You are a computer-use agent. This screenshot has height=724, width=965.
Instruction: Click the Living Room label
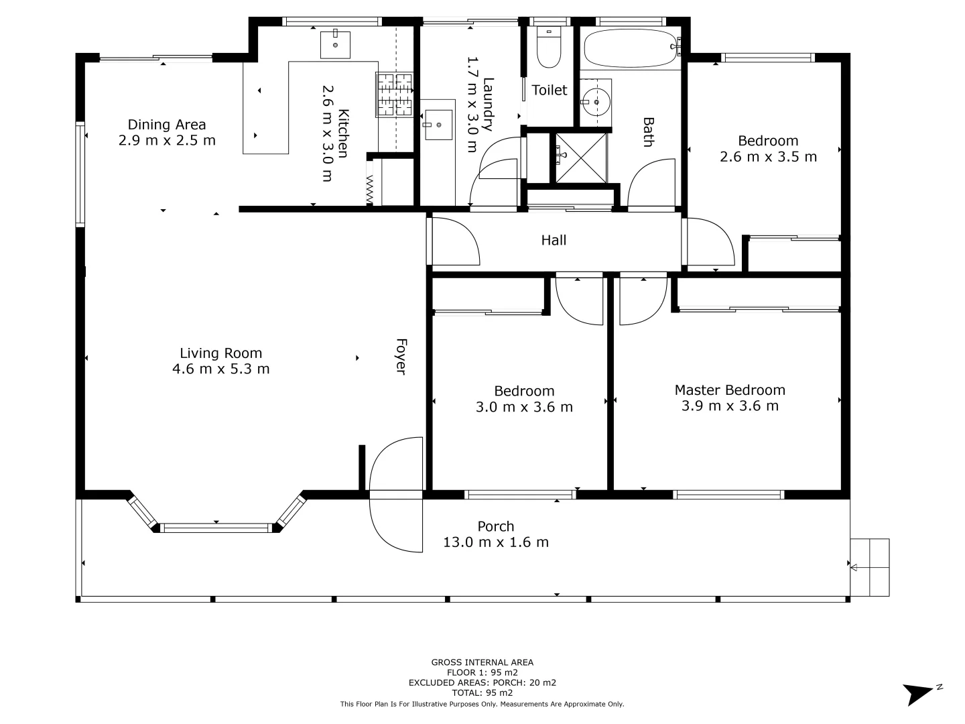point(220,353)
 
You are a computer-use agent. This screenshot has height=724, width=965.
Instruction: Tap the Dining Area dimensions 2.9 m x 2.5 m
point(167,141)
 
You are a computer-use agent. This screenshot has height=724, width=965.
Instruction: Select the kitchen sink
point(335,44)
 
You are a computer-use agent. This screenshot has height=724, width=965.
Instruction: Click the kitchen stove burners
point(394,95)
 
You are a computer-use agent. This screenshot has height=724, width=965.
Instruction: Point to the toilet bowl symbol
point(549,48)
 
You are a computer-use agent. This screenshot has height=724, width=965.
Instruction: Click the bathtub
point(631,48)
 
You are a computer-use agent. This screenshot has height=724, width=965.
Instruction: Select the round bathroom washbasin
point(596,103)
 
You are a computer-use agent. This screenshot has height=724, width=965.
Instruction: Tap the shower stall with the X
point(581,158)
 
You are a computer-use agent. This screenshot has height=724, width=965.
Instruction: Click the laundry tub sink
point(438,125)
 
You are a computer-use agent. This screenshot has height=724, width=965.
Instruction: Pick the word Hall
point(554,240)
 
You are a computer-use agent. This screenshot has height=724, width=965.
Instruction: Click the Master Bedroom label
point(730,390)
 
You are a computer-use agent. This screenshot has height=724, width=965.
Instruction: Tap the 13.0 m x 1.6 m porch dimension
point(496,542)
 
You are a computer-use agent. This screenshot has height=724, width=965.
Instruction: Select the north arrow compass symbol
point(919,693)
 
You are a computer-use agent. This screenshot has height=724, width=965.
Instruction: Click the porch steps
point(870,567)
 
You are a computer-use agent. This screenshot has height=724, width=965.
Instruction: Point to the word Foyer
point(401,357)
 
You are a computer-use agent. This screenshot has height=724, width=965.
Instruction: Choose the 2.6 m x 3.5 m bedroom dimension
point(768,157)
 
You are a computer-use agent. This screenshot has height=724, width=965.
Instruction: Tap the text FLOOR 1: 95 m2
point(482,672)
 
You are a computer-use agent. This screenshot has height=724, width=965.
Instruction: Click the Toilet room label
point(549,90)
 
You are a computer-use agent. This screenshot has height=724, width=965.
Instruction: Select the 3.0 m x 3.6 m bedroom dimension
point(524,407)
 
